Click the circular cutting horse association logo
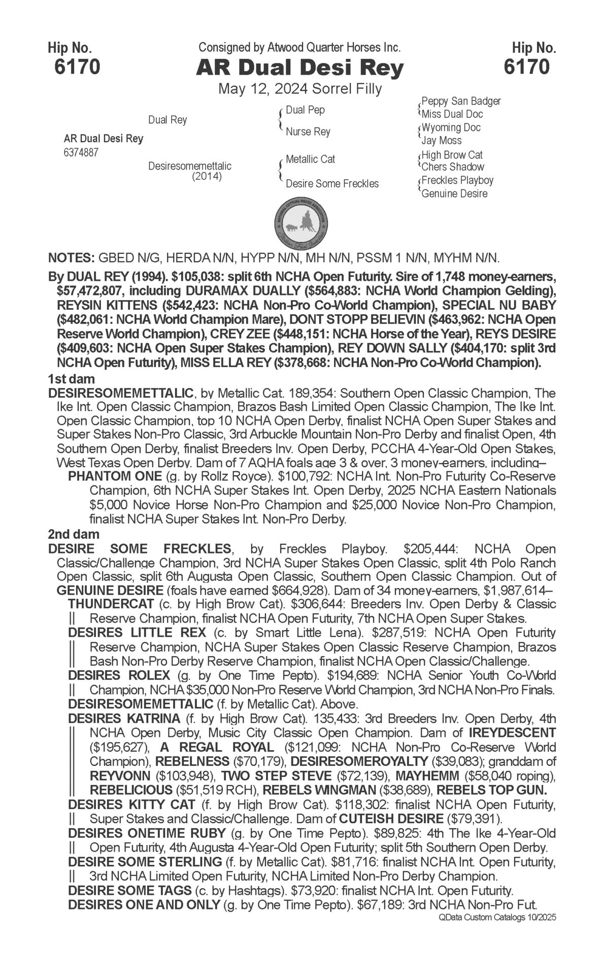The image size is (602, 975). point(301,221)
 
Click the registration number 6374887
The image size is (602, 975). point(81,152)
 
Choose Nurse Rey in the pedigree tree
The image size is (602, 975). point(308,132)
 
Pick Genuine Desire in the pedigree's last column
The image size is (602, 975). point(454,193)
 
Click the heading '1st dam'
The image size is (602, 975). point(72,379)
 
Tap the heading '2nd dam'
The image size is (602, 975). point(74,534)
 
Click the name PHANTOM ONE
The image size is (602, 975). point(115,477)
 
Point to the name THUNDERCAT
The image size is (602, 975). point(111,604)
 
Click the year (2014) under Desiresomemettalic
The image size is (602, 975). point(207,177)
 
